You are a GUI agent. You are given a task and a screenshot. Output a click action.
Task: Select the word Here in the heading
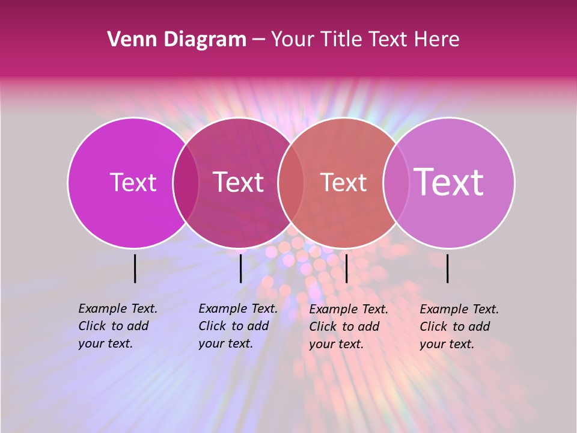click(x=438, y=40)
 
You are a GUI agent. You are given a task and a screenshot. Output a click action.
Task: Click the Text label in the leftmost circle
click(x=133, y=182)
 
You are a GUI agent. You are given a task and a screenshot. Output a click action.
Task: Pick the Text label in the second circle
click(x=239, y=182)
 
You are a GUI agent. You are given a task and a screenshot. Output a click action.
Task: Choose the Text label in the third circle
click(x=343, y=182)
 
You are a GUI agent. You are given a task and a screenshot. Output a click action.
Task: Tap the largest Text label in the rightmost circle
click(x=449, y=182)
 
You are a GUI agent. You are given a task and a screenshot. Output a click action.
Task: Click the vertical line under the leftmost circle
click(x=135, y=268)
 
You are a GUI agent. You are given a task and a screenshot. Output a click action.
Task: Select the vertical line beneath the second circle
click(x=240, y=268)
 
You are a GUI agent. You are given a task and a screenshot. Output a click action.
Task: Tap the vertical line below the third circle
click(x=346, y=268)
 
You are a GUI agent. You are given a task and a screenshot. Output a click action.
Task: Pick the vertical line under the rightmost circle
click(x=448, y=268)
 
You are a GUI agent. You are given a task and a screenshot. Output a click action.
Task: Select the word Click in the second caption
click(x=212, y=326)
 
